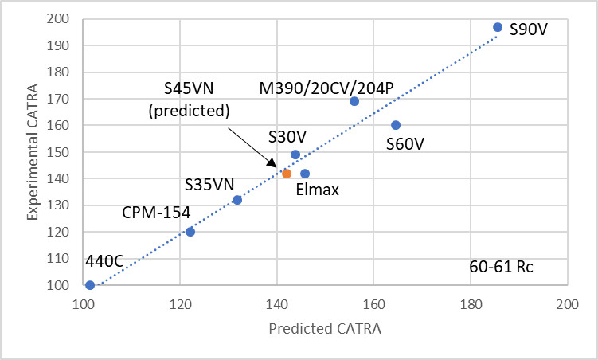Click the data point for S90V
pyautogui.click(x=498, y=27)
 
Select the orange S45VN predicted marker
pyautogui.click(x=287, y=174)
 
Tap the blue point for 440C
pyautogui.click(x=90, y=285)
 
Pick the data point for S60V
pyautogui.click(x=396, y=125)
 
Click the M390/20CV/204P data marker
pyautogui.click(x=354, y=101)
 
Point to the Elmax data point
pyautogui.click(x=305, y=174)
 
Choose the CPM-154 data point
pyautogui.click(x=190, y=232)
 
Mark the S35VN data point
pyautogui.click(x=237, y=200)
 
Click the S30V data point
pyautogui.click(x=295, y=155)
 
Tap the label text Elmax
pyautogui.click(x=312, y=191)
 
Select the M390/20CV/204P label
pyautogui.click(x=326, y=87)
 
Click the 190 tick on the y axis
pyautogui.click(x=67, y=45)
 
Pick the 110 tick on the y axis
pyautogui.click(x=67, y=259)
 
